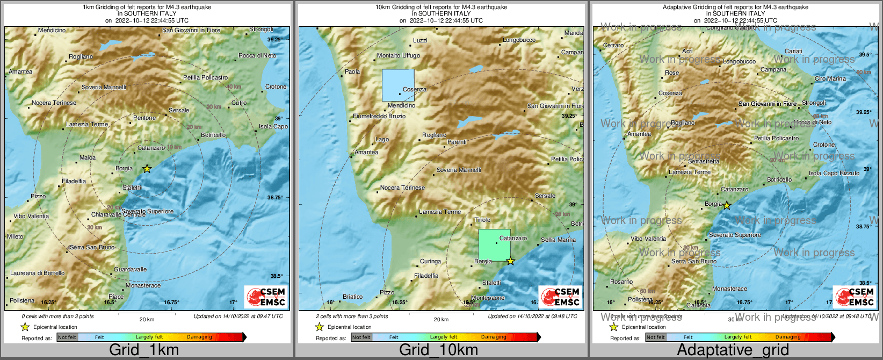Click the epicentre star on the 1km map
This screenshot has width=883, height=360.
pos(147,169)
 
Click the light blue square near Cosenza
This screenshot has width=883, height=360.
pos(398,85)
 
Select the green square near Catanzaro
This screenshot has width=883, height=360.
pos(495,245)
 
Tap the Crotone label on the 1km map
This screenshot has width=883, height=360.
pos(276,87)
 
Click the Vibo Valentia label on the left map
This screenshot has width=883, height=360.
pos(31,216)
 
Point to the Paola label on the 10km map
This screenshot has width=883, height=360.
pos(352,71)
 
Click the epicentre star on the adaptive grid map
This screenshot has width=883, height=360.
pos(727,205)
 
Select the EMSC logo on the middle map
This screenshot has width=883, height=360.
pos(560,297)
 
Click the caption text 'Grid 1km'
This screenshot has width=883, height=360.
pos(144,350)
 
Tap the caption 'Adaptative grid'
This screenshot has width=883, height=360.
pos(733,350)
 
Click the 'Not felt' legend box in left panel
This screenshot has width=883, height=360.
pos(67,337)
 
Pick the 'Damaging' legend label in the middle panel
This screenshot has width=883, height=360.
pos(494,337)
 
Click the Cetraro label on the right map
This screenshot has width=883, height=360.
pos(613,46)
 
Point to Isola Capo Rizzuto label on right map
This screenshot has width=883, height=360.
pos(834,173)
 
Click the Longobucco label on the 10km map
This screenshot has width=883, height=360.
pos(519,40)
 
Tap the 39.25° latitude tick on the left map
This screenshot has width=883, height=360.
pos(275,39)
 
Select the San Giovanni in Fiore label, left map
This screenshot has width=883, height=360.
pos(191,31)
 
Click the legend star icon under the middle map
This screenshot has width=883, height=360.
pos(319,327)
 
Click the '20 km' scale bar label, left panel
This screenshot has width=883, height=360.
pos(147,319)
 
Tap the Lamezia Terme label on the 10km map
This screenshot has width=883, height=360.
pos(440,212)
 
